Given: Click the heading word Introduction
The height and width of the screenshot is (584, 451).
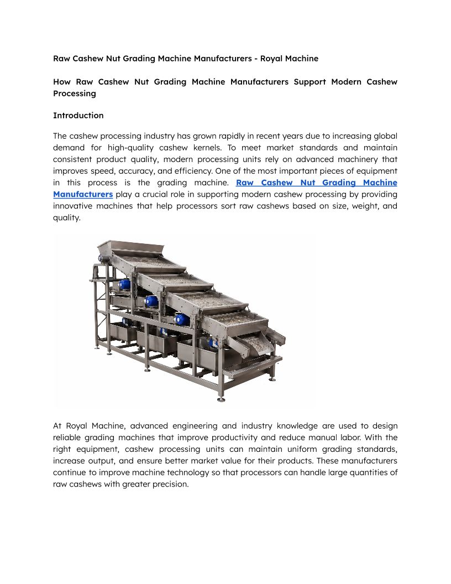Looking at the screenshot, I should click(x=78, y=116).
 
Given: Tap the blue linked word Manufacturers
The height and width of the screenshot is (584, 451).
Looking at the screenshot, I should click(x=83, y=194).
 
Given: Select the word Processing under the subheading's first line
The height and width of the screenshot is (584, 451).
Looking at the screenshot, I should click(x=75, y=93).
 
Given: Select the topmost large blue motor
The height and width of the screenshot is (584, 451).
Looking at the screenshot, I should click(x=123, y=284).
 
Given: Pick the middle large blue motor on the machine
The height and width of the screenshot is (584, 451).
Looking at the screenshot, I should click(x=150, y=301).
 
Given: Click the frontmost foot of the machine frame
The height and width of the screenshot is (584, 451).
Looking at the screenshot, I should click(x=221, y=399).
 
